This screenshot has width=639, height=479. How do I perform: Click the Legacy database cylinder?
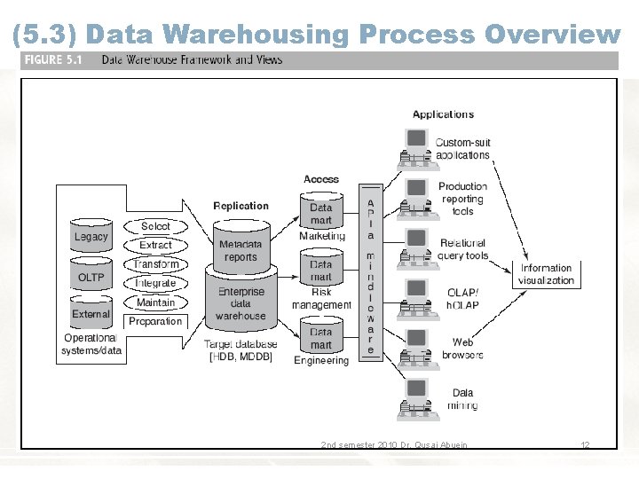click(x=91, y=236)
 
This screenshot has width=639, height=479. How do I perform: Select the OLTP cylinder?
click(x=91, y=277)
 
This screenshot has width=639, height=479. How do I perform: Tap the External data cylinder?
click(x=91, y=313)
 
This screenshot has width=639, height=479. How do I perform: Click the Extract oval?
click(x=155, y=245)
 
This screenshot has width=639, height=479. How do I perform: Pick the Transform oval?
click(x=156, y=264)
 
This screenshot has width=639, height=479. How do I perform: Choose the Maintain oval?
click(x=155, y=302)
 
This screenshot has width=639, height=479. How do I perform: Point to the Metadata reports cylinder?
click(x=241, y=248)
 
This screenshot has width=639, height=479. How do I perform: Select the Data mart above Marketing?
click(x=321, y=213)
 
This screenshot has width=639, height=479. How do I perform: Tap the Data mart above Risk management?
click(x=321, y=270)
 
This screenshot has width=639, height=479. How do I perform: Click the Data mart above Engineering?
click(x=321, y=338)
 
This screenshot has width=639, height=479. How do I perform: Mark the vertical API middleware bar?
click(x=370, y=271)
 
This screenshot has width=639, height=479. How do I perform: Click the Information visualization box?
click(x=546, y=274)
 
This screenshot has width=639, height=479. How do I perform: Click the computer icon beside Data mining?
click(x=414, y=398)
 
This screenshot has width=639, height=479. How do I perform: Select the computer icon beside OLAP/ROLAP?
click(x=414, y=298)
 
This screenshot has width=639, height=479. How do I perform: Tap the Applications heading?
click(x=443, y=114)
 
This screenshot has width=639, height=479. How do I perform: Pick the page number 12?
click(x=585, y=444)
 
